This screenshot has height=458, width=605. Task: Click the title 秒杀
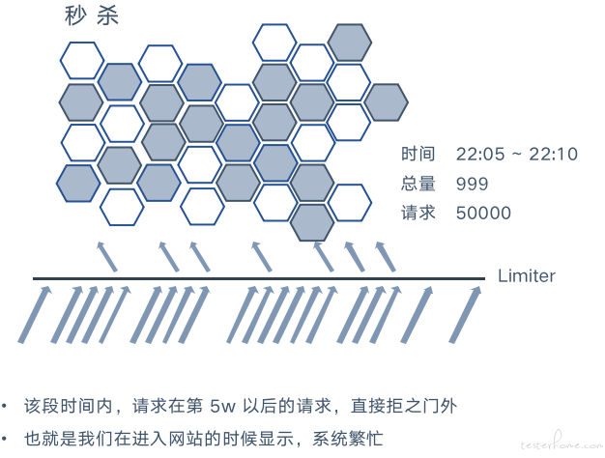pos(92,15)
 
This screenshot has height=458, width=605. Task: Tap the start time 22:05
pos(480,154)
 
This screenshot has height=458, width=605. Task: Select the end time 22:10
pos(553,154)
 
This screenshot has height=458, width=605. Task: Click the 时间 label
pos(418,154)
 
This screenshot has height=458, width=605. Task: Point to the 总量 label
pos(418,184)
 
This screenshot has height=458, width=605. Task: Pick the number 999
pos(472,184)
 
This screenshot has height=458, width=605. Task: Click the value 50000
pos(483,213)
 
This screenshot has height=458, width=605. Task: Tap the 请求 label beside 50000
pos(418,213)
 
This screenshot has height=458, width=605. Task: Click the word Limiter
pos(527,276)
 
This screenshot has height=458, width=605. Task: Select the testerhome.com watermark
pos(562,444)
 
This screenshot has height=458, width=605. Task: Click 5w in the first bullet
pos(222,406)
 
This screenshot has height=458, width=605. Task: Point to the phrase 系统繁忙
pos(348,439)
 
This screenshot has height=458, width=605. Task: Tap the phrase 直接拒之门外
pos(404,406)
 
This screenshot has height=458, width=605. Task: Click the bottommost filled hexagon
pos(312,223)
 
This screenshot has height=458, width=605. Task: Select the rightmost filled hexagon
pos(386,102)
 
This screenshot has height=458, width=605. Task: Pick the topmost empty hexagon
pos(274,43)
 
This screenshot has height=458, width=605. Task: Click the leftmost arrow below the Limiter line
pos(35,314)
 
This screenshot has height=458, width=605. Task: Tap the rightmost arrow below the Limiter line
pos(465,314)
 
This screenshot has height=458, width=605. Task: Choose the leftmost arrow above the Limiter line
pos(107,257)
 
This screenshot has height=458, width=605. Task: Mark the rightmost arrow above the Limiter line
pos(386,257)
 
